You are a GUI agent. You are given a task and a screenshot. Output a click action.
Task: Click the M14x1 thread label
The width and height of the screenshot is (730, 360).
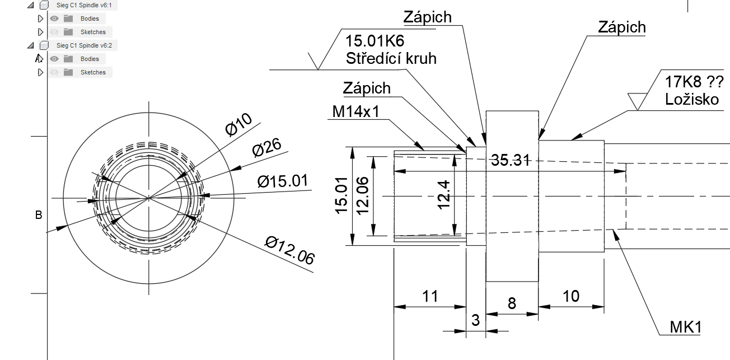(x=356, y=111)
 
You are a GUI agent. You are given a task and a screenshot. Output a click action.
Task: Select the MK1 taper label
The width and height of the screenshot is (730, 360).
(x=686, y=327)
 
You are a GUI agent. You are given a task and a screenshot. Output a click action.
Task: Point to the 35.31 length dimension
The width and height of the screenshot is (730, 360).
(x=511, y=160)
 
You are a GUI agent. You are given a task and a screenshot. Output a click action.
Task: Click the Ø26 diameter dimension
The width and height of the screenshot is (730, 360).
(x=266, y=148)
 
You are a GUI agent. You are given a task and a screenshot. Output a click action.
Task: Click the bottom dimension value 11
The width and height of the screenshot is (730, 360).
(x=429, y=296)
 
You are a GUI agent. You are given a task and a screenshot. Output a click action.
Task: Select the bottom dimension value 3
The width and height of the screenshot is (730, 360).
(x=476, y=321)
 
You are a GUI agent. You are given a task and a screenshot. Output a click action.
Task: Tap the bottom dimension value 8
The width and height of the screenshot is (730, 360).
(x=512, y=303)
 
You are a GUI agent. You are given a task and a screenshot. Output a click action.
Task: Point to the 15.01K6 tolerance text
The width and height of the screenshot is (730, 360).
(x=375, y=41)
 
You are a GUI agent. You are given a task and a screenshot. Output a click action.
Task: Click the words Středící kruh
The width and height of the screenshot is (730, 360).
(x=390, y=58)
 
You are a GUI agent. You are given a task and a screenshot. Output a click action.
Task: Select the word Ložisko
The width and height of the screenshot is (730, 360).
(x=692, y=100)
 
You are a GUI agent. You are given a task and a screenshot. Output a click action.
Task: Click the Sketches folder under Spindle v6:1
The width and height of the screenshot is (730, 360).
(x=93, y=32)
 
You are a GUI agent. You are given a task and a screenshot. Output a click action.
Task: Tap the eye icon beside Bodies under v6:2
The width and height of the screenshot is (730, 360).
(x=55, y=59)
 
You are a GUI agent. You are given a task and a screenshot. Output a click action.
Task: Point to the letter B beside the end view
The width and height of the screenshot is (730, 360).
(x=39, y=215)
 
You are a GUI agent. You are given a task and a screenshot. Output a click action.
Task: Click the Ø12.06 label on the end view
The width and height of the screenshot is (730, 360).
(x=290, y=249)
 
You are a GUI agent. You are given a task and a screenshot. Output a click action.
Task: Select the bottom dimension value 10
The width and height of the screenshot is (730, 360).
(x=571, y=296)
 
